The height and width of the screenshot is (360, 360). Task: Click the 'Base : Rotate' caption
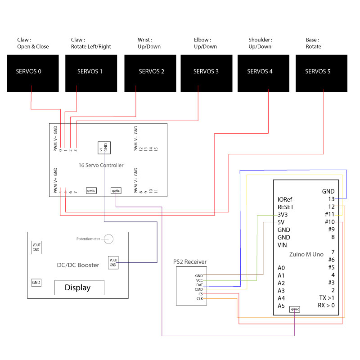(314, 43)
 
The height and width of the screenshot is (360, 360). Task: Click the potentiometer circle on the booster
(108, 238)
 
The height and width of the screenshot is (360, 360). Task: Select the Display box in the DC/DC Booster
(79, 288)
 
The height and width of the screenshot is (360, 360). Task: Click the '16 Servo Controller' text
(101, 165)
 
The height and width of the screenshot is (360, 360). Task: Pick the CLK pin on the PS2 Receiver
(200, 299)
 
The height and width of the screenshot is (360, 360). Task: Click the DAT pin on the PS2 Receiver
(199, 284)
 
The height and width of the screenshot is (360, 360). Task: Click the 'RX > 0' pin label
(326, 306)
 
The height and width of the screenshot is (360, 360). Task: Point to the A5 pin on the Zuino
(281, 306)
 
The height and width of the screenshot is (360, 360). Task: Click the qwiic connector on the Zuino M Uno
(295, 309)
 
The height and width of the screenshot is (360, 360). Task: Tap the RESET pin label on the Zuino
(286, 207)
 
